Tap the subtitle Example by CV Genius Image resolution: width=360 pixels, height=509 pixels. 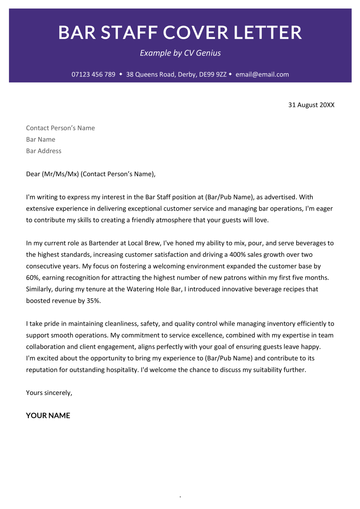click(x=179, y=53)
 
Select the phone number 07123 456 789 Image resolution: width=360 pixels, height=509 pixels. click(x=93, y=75)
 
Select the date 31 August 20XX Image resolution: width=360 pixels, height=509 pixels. click(x=310, y=103)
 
